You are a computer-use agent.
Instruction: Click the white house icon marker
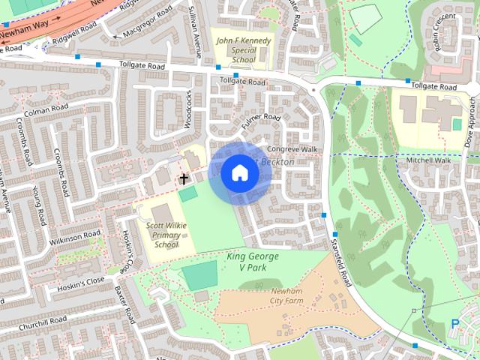point(239,172)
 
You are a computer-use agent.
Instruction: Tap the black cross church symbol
point(184,178)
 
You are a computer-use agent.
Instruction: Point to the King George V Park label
point(253,261)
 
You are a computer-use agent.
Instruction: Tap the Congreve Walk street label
point(293,149)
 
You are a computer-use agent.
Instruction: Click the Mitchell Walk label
point(428,160)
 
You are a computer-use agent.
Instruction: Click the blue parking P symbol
point(454,323)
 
